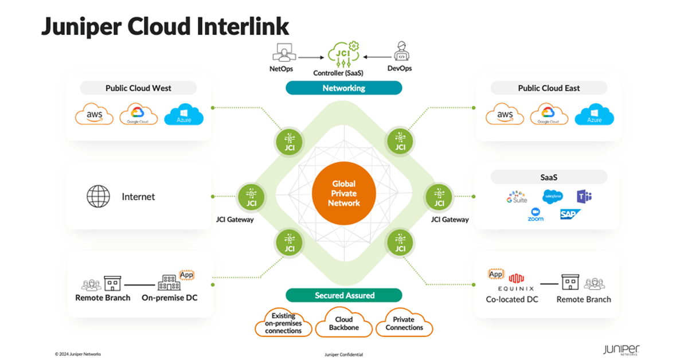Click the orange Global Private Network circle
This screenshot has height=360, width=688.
(x=344, y=193)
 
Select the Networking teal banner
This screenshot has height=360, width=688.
(x=343, y=88)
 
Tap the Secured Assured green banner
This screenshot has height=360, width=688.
(x=344, y=295)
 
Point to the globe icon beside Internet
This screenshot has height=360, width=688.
(x=98, y=196)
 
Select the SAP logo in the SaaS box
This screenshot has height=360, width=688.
(x=570, y=214)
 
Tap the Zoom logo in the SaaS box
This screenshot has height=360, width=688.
(x=535, y=214)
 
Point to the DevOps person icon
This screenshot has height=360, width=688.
(x=402, y=53)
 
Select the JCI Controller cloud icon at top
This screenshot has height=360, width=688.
(x=342, y=54)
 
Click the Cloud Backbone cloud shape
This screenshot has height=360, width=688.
(x=344, y=323)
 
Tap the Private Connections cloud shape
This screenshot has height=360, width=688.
(x=404, y=323)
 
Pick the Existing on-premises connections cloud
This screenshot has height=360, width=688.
(x=283, y=323)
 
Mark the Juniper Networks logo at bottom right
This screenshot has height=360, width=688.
(x=621, y=350)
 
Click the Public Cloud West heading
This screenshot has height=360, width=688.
(x=138, y=88)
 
